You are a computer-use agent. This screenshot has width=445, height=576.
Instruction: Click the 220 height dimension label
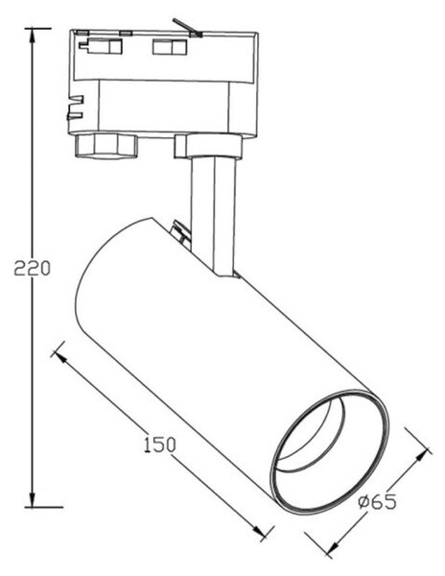[33, 268]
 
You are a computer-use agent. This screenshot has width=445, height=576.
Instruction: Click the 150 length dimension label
[159, 444]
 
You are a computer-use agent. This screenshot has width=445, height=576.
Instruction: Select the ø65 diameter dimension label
[378, 501]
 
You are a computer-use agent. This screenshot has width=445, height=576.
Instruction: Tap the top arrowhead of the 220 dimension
[33, 36]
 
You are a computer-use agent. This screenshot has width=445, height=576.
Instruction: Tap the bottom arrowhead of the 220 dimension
[33, 499]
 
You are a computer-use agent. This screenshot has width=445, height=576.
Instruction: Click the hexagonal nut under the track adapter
[106, 146]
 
